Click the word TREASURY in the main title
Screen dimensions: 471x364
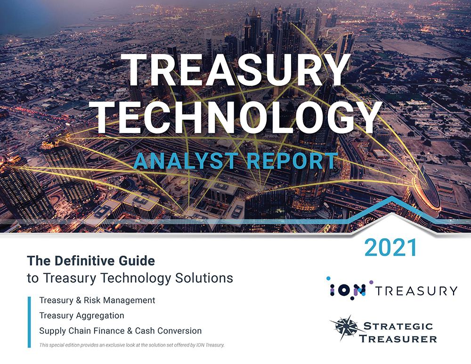236,71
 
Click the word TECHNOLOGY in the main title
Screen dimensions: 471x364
236,117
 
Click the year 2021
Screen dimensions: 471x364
390,248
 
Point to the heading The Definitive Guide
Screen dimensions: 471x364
91,261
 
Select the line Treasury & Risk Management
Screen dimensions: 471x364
97,300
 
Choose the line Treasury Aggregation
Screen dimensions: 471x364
81,315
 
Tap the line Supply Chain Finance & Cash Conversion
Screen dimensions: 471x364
121,331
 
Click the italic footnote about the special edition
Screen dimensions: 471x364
132,345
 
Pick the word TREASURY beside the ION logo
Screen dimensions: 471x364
416,291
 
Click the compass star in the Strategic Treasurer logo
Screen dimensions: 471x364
345,328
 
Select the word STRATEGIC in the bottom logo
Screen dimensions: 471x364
398,326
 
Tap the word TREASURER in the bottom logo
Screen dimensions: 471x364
398,339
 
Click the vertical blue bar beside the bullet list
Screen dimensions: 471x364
29,322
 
